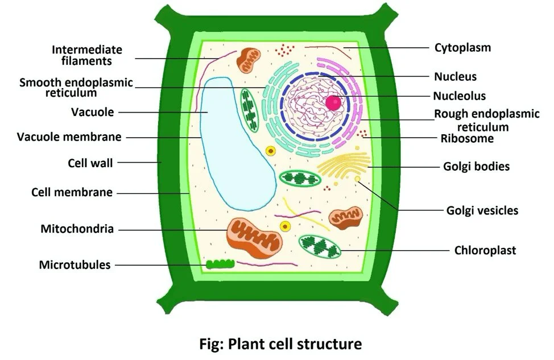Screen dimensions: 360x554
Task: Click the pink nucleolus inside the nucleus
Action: (x=334, y=102)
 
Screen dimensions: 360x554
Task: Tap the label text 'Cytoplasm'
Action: (x=462, y=48)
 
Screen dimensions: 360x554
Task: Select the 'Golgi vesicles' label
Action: (x=482, y=210)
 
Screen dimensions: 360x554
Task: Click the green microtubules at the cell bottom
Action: (x=220, y=264)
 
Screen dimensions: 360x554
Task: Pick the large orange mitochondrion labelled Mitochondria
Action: (x=254, y=236)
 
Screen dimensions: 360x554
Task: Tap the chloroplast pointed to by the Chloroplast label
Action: (x=320, y=247)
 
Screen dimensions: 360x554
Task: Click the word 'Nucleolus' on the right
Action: (x=459, y=96)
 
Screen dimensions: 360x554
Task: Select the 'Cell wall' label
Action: (x=90, y=163)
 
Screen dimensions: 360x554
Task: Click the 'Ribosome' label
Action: (x=467, y=138)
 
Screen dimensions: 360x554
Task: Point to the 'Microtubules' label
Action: (x=75, y=264)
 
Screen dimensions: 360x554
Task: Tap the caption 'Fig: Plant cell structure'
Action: (x=280, y=344)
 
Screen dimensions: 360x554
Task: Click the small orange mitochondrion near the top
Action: (x=249, y=60)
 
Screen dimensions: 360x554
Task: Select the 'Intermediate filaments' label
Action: (x=87, y=55)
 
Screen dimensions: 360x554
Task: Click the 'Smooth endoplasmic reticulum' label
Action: (x=76, y=87)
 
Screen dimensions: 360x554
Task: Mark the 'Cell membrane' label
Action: (x=72, y=192)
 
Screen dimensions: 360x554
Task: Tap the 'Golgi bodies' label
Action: (x=476, y=167)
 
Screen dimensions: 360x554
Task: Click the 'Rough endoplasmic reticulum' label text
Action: (x=486, y=120)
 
